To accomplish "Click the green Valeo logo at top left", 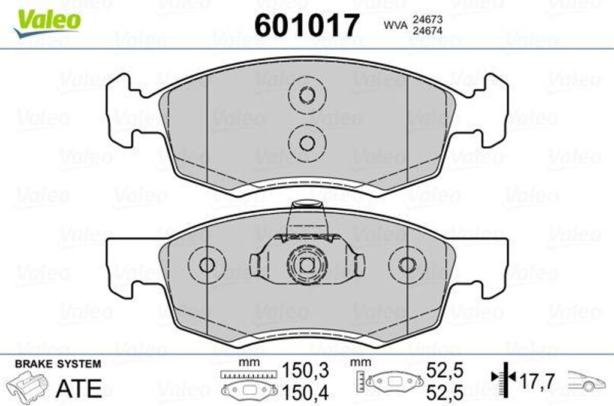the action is pos(47,23).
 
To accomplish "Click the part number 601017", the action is pos(306,25).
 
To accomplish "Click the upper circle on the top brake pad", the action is pos(307,95).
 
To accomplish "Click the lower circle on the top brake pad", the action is pos(307,143).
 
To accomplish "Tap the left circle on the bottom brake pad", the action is pos(207,265).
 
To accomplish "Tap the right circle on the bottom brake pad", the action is pos(407,265).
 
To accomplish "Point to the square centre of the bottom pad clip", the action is pos(306,265).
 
